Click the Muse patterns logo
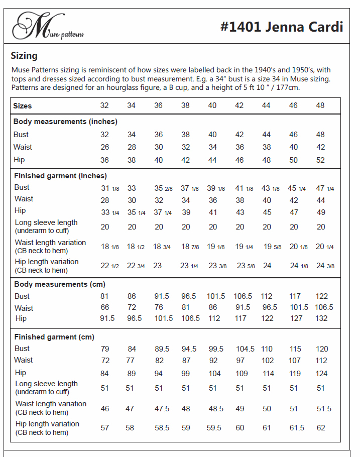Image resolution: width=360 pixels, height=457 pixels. coord(48,27)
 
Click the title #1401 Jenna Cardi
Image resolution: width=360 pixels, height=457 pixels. coord(281,27)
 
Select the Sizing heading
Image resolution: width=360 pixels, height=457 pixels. coord(24,56)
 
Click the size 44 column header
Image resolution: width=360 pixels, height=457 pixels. coord(266,105)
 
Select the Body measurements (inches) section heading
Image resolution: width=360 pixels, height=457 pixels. coord(65,122)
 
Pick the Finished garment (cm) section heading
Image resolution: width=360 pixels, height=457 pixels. coord(54,337)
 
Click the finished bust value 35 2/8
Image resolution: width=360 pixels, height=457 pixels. coord(163,188)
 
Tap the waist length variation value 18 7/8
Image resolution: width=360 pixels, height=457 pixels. coord(190,247)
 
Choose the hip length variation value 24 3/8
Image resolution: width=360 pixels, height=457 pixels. coord(325,266)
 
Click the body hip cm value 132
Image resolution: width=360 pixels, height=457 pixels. coord(321,318)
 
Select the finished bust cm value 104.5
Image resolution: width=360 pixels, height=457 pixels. coord(245,349)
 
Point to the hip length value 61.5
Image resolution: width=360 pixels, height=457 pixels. coord(297,428)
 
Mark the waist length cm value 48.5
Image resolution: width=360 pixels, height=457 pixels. coord(216,408)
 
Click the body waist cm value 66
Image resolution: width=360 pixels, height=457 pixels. coord(104,307)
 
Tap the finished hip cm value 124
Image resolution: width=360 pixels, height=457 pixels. coord(321,373)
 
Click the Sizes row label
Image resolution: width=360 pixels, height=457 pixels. coord(23,106)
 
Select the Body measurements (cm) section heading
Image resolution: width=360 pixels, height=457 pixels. coord(59,284)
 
